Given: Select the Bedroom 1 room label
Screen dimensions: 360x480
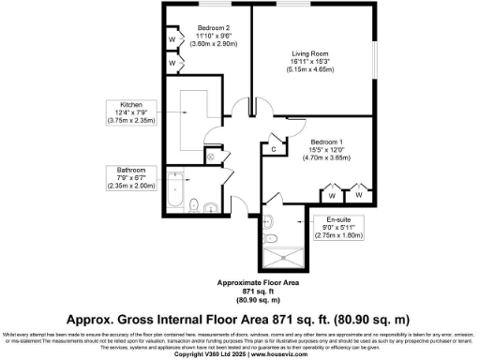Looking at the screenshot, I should [328, 141].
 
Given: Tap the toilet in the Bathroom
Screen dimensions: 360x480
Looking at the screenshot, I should [193, 205].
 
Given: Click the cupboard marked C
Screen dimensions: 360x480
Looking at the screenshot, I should [272, 147].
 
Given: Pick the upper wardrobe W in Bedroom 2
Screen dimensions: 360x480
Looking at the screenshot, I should [172, 40].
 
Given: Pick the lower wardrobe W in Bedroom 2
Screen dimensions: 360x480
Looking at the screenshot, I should [172, 63].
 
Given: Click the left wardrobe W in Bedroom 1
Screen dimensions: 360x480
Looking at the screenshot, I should [331, 196].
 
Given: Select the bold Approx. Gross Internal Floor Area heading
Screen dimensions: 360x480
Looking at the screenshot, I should [240, 319].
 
